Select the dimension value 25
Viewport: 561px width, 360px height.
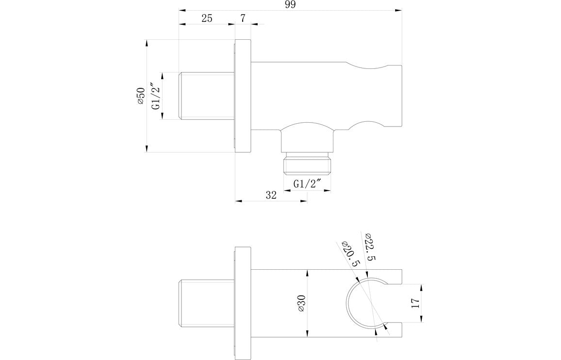point(207,18)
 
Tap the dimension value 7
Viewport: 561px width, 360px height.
point(243,18)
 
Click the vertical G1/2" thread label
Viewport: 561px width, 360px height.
point(156,96)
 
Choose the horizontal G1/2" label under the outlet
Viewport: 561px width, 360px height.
point(308,184)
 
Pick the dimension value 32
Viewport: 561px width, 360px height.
point(271,195)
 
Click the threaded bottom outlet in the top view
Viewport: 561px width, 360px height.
point(308,164)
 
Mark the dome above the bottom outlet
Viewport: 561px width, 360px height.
point(308,132)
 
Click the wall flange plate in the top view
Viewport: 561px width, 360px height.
point(243,96)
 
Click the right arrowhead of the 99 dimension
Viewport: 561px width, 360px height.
point(400,10)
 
